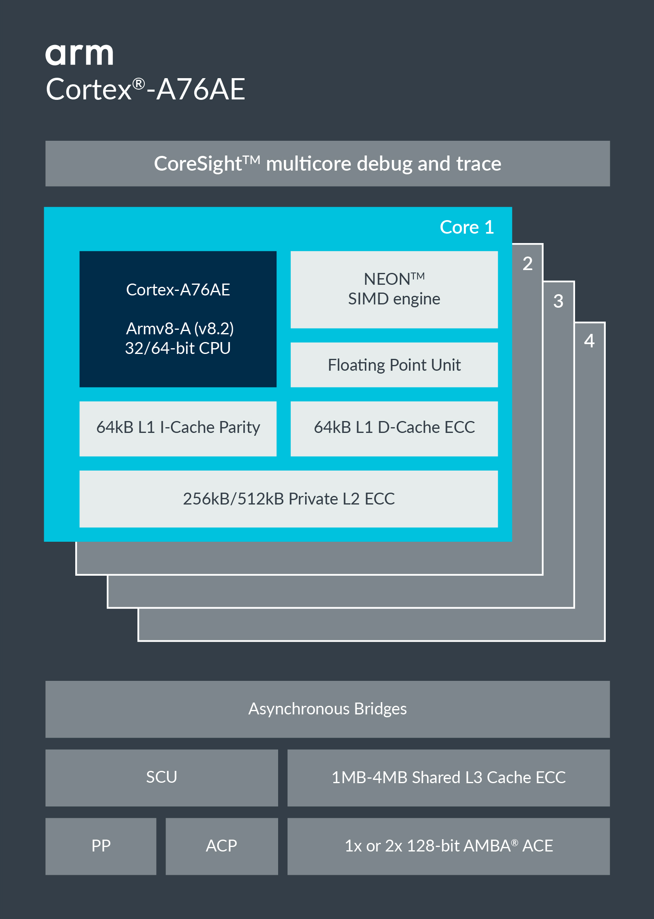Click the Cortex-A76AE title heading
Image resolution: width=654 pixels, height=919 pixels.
[x=145, y=89]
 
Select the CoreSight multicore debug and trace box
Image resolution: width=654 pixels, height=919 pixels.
[x=327, y=164]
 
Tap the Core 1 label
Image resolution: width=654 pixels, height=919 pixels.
[x=466, y=227]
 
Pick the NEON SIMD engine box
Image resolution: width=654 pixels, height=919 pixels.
[x=394, y=289]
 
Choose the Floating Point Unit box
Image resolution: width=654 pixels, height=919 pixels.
[x=394, y=365]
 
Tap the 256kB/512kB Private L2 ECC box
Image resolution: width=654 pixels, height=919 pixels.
[x=288, y=499]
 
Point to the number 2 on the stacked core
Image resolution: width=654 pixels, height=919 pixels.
[x=528, y=264]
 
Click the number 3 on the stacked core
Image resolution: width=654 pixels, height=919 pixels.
[x=558, y=301]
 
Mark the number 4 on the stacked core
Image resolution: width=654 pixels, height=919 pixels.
[x=589, y=340]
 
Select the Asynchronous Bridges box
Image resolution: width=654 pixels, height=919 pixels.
[x=327, y=709]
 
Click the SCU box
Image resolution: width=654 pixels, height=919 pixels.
[x=162, y=777]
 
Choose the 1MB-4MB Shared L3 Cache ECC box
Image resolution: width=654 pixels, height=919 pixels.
[x=448, y=777]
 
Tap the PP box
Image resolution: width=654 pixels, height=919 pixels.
[x=101, y=846]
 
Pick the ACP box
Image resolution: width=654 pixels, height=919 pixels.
[x=221, y=846]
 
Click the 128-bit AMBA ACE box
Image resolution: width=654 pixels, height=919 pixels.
[x=448, y=846]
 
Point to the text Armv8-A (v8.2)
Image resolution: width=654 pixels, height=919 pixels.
[x=180, y=329]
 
